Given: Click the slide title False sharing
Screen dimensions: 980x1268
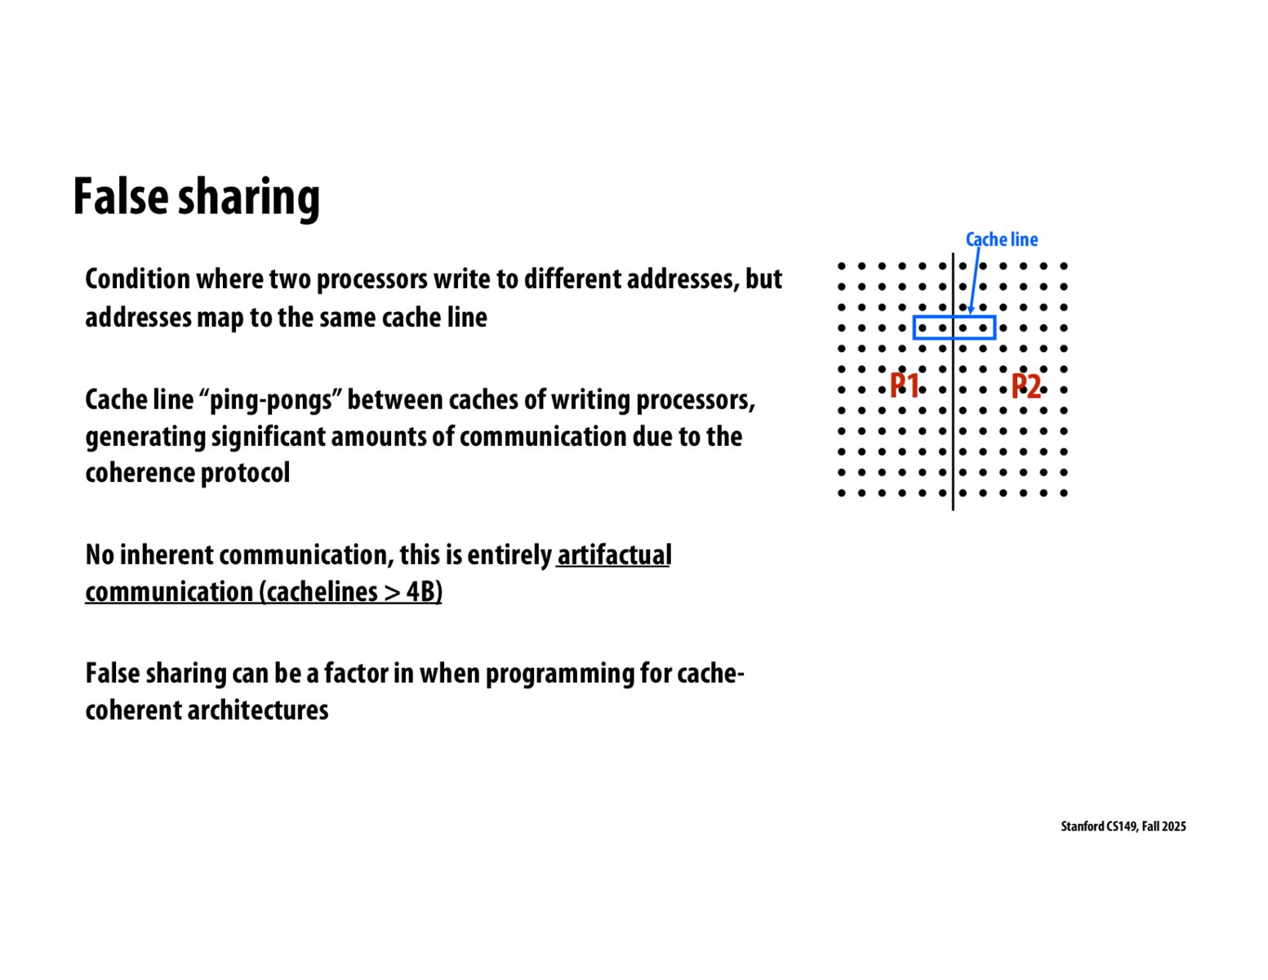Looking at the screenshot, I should coord(196,197).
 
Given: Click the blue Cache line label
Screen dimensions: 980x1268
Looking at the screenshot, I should coord(1001,239).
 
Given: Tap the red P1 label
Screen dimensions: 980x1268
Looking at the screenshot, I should coord(904,385).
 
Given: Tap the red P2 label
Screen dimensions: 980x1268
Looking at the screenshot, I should coord(1026,386).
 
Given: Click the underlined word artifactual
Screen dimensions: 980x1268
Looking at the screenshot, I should coord(614,555).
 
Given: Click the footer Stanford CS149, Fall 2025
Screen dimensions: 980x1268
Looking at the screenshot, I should coord(1123,826).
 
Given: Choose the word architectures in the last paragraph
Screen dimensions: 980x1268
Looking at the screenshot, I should coord(257,710).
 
